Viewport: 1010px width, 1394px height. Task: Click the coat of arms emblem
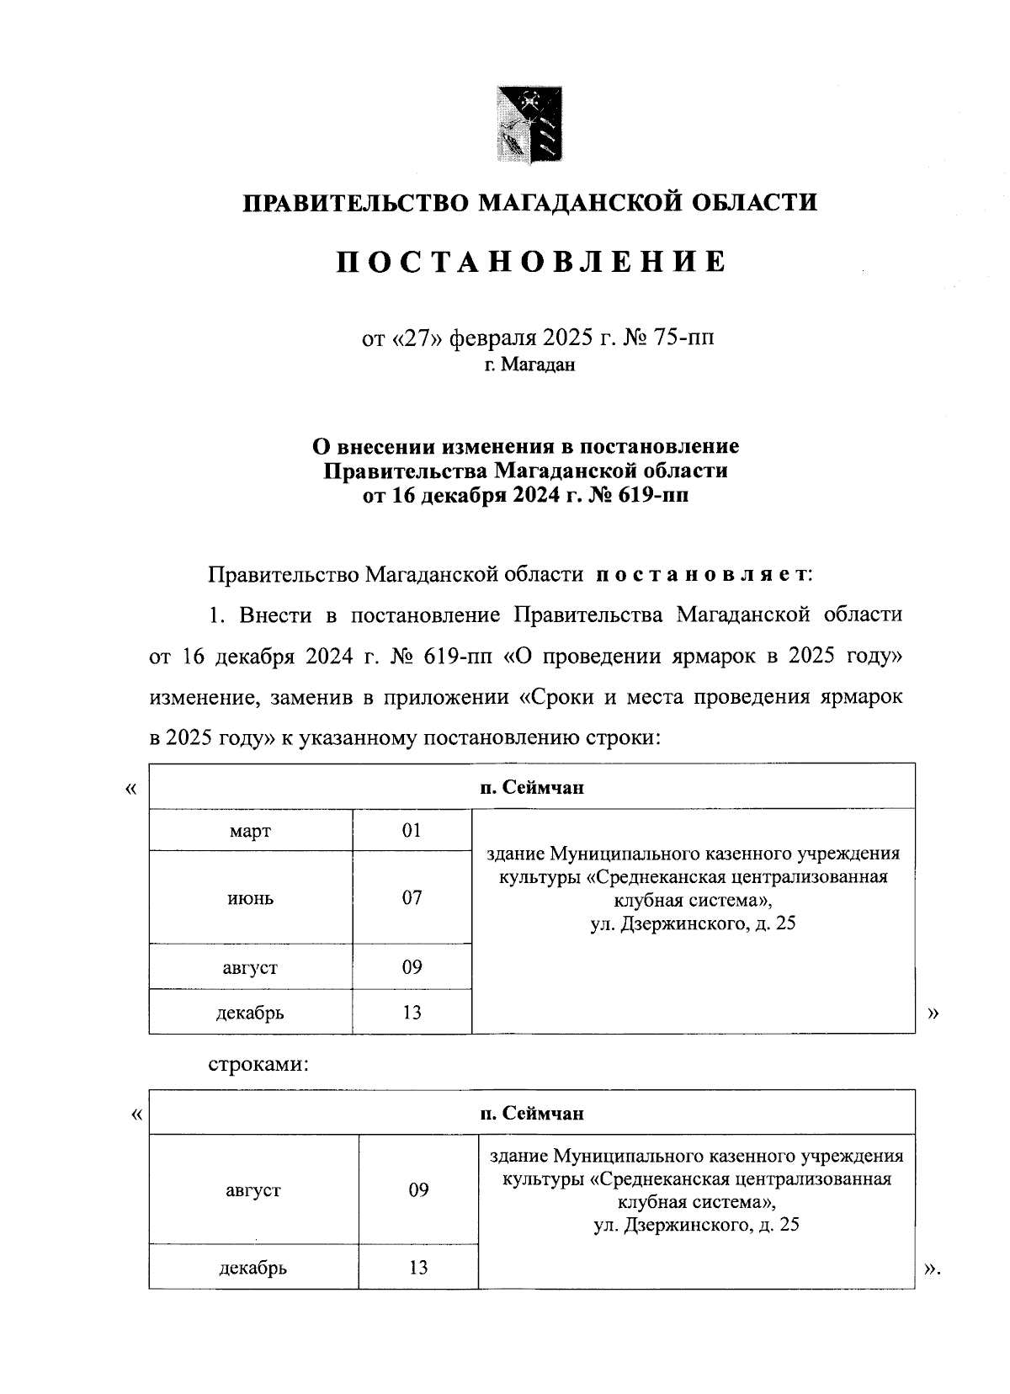(x=529, y=124)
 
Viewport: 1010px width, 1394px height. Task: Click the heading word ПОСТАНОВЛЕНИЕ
(x=531, y=263)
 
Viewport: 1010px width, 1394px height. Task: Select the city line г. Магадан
(x=529, y=365)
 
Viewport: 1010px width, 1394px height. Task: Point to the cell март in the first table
(x=250, y=832)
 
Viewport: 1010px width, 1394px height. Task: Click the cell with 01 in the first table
(x=411, y=831)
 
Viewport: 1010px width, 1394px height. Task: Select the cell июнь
(x=250, y=898)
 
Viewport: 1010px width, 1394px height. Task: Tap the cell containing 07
(x=411, y=897)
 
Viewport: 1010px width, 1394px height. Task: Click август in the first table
(x=250, y=968)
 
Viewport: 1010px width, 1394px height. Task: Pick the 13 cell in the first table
(x=411, y=1013)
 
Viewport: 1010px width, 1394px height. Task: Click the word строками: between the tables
(x=259, y=1065)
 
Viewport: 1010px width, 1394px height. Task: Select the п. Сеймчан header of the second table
(x=531, y=1114)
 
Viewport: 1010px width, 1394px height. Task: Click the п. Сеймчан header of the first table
(x=531, y=788)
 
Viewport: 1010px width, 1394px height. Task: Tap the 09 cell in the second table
(x=418, y=1190)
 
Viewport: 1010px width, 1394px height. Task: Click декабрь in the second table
(x=252, y=1268)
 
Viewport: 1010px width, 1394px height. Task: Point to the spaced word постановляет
(x=702, y=576)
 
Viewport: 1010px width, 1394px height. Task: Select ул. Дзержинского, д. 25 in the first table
(x=692, y=924)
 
